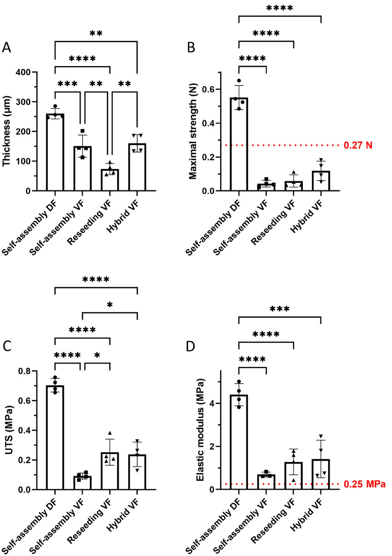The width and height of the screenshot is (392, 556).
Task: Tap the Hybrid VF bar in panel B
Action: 321,181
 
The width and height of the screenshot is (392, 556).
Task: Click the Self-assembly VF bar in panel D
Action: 266,482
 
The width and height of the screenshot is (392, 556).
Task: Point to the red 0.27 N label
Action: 358,146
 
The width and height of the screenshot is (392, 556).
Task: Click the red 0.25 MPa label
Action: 364,484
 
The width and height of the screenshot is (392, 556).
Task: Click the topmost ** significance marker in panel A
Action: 96,34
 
